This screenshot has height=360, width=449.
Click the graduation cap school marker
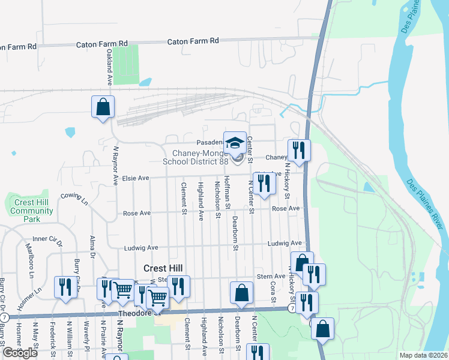(x=235, y=143)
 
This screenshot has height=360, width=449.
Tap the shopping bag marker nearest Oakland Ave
(x=103, y=107)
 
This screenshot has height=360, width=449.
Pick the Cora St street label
(x=273, y=292)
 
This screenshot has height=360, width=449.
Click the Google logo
(x=20, y=353)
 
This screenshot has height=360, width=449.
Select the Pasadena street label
(x=209, y=143)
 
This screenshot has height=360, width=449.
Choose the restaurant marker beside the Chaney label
(x=298, y=149)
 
